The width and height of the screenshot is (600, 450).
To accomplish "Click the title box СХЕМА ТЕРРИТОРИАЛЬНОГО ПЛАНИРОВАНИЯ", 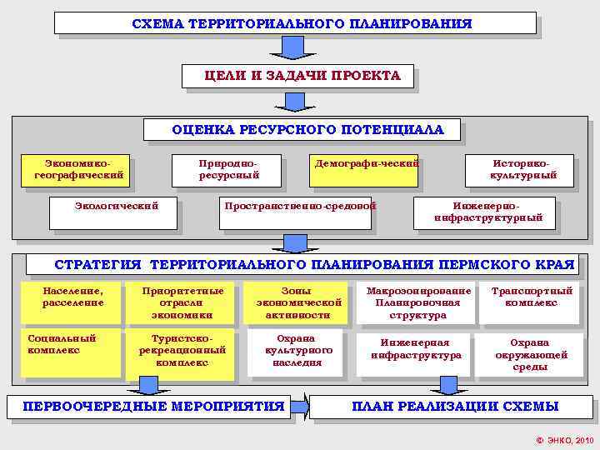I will pyautogui.click(x=295, y=23).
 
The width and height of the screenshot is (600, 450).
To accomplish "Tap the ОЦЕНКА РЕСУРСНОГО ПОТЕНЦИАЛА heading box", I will pyautogui.click(x=307, y=130).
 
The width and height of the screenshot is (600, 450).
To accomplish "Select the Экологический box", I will pyautogui.click(x=115, y=212).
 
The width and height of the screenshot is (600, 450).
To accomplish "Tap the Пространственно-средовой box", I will pyautogui.click(x=299, y=212).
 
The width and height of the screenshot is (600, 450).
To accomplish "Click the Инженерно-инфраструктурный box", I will pyautogui.click(x=487, y=212).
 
